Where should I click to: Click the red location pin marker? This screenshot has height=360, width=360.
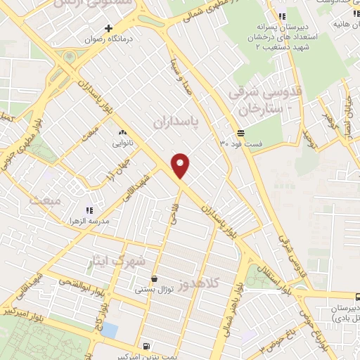pos(181,165)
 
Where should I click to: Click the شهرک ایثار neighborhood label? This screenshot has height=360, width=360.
pos(119,261)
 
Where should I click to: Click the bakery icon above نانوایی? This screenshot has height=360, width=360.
pos(122,132)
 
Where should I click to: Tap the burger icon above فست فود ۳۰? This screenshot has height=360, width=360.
pos(241,132)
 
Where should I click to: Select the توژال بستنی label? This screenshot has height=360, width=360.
pos(154,289)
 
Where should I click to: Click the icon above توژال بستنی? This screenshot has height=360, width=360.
pos(154,278)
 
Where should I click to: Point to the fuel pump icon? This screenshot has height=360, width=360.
pos(146,345)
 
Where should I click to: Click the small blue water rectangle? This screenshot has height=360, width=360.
pos(110,330)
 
